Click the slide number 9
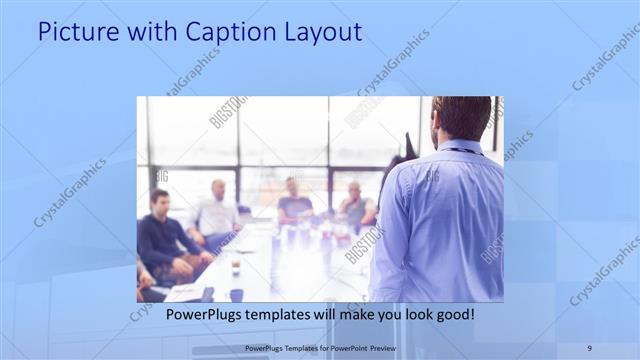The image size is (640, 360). point(589,347)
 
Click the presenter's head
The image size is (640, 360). point(462,117)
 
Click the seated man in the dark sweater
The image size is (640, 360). point(161,235)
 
